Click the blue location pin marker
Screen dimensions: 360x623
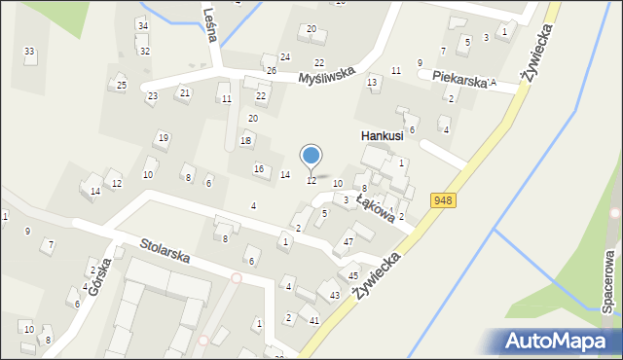[311, 156]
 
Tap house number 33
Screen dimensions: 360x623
[29, 51]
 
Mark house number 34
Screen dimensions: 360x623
[142, 24]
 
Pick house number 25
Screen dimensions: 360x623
[122, 86]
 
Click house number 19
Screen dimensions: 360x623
[164, 137]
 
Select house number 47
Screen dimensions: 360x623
[348, 241]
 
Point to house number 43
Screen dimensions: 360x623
[334, 295]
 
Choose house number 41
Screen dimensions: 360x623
[313, 320]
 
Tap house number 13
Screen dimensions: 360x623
[371, 82]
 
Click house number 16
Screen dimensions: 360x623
[258, 169]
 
